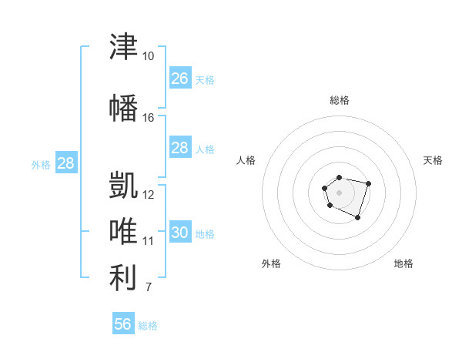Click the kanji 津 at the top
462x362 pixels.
tap(123, 46)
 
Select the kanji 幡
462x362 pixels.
tap(123, 108)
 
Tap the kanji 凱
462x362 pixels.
tap(123, 185)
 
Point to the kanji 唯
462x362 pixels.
tap(123, 231)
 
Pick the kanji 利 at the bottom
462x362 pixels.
tap(123, 277)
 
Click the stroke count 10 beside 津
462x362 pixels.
tap(148, 56)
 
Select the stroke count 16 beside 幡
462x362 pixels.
tap(148, 118)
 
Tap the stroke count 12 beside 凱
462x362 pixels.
tap(148, 195)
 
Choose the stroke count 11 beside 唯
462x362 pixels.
tap(148, 241)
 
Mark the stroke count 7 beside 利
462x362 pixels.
tap(149, 287)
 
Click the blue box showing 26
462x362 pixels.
tap(180, 78)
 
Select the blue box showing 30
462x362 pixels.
tap(180, 231)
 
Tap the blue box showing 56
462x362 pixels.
tap(123, 323)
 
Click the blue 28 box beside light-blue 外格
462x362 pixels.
tap(66, 163)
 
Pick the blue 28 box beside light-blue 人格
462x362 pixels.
tap(180, 147)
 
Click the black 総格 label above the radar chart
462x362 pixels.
tap(340, 100)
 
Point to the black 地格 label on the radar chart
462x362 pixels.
tap(403, 263)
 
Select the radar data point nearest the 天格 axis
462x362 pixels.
tap(368, 183)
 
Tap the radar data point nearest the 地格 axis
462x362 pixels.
tap(357, 218)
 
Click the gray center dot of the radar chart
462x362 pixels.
tap(339, 193)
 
